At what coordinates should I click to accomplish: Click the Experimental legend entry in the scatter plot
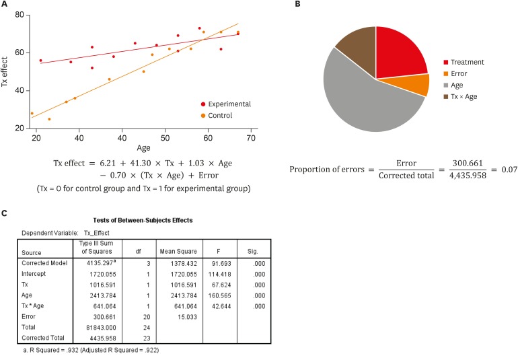coord(225,104)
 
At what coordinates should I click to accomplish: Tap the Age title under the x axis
coord(144,148)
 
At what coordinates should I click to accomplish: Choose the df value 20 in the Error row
coord(137,316)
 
